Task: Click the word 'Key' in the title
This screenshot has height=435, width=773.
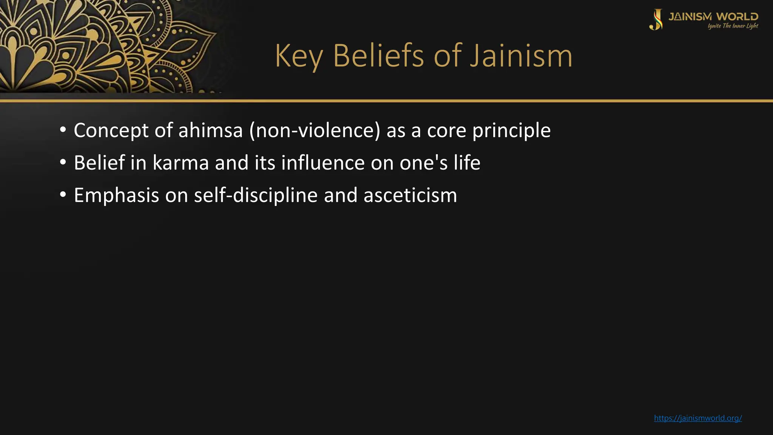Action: pyautogui.click(x=299, y=57)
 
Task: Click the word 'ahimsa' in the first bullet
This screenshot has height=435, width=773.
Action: pyautogui.click(x=210, y=131)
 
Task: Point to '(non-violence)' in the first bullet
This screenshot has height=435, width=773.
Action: pyautogui.click(x=315, y=131)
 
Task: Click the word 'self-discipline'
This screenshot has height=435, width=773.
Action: pyautogui.click(x=256, y=196)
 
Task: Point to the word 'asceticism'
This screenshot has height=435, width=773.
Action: pyautogui.click(x=410, y=196)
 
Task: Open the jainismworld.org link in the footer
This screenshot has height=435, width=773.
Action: pyautogui.click(x=698, y=418)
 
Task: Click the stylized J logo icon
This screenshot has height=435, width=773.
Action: pyautogui.click(x=656, y=20)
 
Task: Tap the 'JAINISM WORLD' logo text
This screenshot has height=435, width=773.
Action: pyautogui.click(x=713, y=17)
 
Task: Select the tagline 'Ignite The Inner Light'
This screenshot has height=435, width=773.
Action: pyautogui.click(x=733, y=26)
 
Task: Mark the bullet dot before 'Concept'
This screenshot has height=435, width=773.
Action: pyautogui.click(x=63, y=130)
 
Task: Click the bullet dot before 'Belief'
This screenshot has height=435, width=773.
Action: pyautogui.click(x=63, y=163)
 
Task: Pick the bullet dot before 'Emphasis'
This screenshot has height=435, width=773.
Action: pyautogui.click(x=63, y=195)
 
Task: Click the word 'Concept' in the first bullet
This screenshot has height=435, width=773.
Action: pyautogui.click(x=111, y=131)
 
